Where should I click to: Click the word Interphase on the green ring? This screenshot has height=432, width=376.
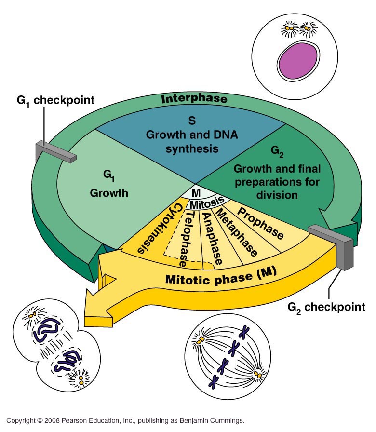click(x=194, y=100)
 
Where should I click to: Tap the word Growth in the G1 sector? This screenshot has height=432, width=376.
click(x=109, y=193)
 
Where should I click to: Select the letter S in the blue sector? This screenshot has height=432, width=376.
click(x=190, y=118)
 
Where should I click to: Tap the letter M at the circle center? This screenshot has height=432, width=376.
click(x=196, y=192)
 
